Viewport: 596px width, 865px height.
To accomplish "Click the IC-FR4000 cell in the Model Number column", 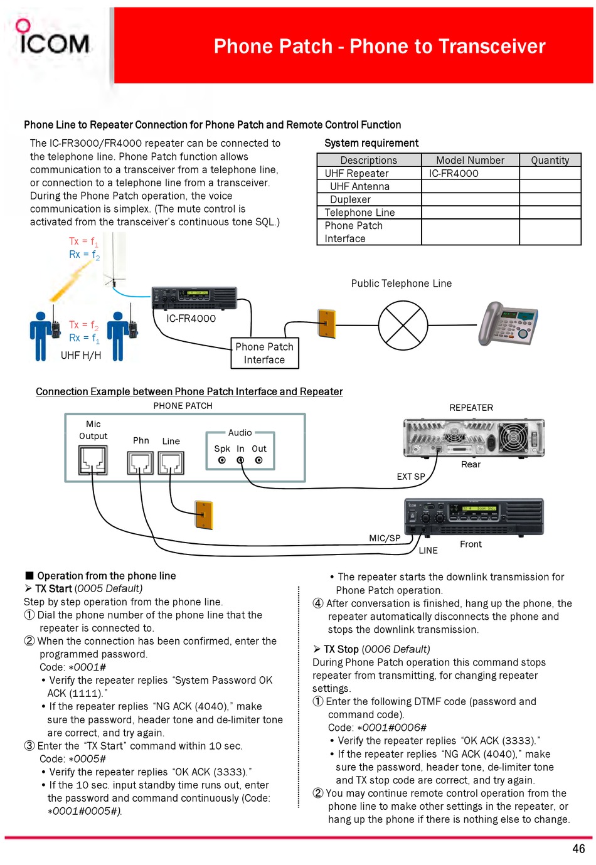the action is pos(453,173).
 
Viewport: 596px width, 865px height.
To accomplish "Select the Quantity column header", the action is pos(550,160).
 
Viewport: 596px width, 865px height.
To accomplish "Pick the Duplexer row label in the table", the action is pos(350,199).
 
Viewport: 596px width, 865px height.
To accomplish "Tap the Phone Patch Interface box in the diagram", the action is pos(264,353).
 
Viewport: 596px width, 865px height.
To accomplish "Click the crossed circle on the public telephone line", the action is pos(403,325).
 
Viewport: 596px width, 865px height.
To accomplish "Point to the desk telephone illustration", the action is pos(507,324).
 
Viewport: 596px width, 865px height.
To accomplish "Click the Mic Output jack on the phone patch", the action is pos(93,460).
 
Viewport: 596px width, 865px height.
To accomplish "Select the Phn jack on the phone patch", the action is pos(140,463).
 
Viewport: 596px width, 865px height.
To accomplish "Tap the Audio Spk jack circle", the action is pos(221,460).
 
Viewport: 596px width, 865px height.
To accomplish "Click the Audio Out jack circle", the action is pos(259,460).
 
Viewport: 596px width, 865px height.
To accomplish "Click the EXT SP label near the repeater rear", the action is pos(410,477).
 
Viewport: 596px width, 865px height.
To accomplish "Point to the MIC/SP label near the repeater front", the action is pos(385,538).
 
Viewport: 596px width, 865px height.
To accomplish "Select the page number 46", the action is pos(578,849).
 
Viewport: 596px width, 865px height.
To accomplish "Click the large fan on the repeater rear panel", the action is pos(513,438).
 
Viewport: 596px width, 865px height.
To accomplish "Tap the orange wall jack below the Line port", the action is pos(203,515).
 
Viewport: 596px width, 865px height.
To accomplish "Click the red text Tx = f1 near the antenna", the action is pos(83,241).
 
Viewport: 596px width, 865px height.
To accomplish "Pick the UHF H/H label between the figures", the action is pos(81,355).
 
